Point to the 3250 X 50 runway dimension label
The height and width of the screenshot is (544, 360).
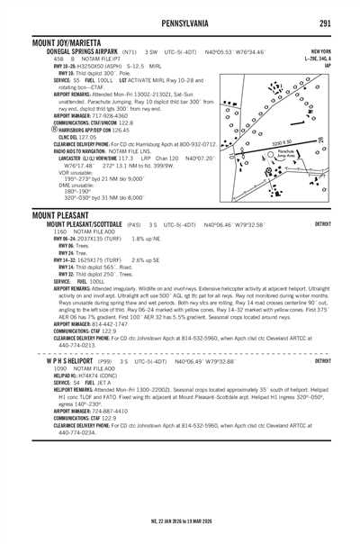[x=282, y=143]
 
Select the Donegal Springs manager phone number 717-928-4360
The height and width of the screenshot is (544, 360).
[x=104, y=115]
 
